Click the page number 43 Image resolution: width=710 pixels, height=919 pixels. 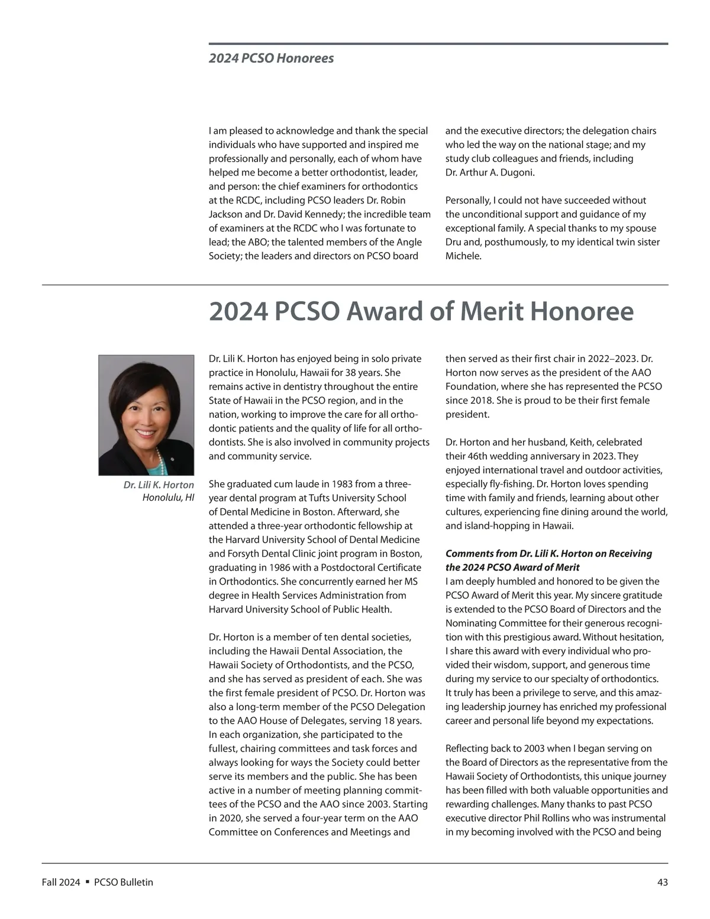662,882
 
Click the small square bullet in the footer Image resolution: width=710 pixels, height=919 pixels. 87,882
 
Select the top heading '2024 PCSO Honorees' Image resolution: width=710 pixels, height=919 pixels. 271,58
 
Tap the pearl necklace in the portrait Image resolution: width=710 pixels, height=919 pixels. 158,459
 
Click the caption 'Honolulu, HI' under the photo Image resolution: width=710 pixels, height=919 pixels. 168,497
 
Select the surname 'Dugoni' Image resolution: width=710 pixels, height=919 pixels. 514,173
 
